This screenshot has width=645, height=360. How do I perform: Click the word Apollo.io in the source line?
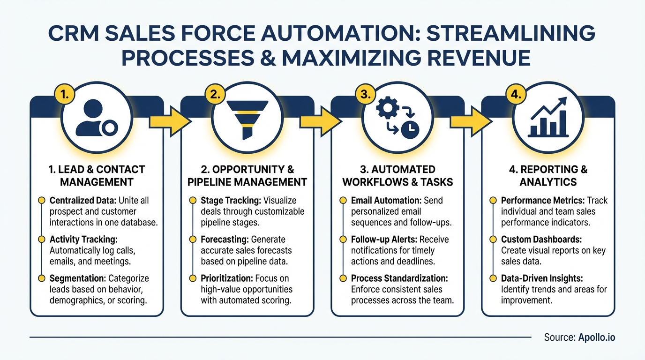click(596, 337)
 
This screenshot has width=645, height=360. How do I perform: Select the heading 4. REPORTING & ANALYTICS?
click(548, 175)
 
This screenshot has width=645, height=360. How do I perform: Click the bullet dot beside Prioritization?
click(192, 278)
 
